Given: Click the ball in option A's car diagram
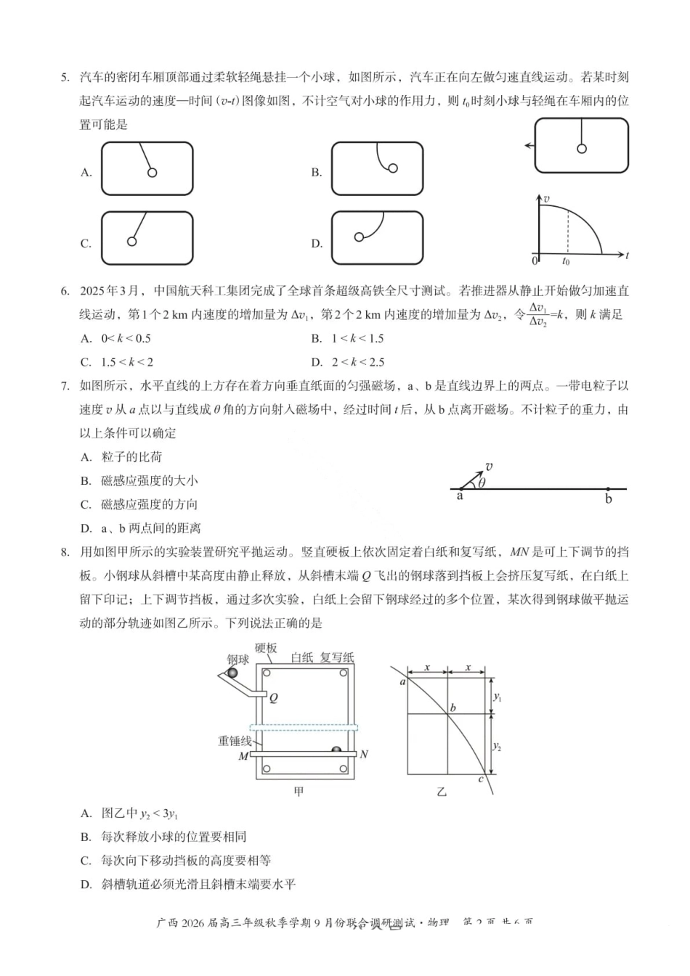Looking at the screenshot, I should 153,173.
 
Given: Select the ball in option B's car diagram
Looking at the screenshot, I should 393,168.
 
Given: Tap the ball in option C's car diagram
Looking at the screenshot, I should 131,241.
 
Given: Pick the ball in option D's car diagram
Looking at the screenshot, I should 359,237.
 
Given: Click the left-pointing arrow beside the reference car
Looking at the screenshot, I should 529,146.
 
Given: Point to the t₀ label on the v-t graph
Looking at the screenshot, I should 567,261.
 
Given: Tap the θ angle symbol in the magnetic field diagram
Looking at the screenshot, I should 482,483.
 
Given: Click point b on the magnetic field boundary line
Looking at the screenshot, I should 608,490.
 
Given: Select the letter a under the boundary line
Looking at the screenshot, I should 460,496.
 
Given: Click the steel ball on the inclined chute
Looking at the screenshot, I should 232,673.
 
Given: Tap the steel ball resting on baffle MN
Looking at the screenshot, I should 336,750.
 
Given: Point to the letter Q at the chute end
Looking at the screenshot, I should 274,698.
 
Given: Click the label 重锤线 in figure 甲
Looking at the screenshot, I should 235,741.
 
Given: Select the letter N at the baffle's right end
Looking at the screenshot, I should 364,755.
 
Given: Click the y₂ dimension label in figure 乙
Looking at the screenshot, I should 498,746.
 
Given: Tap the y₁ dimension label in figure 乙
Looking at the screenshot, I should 498,697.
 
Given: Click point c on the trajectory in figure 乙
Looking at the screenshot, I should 481,779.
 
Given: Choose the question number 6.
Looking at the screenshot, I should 65,291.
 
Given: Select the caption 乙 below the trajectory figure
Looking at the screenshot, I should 442,792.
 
